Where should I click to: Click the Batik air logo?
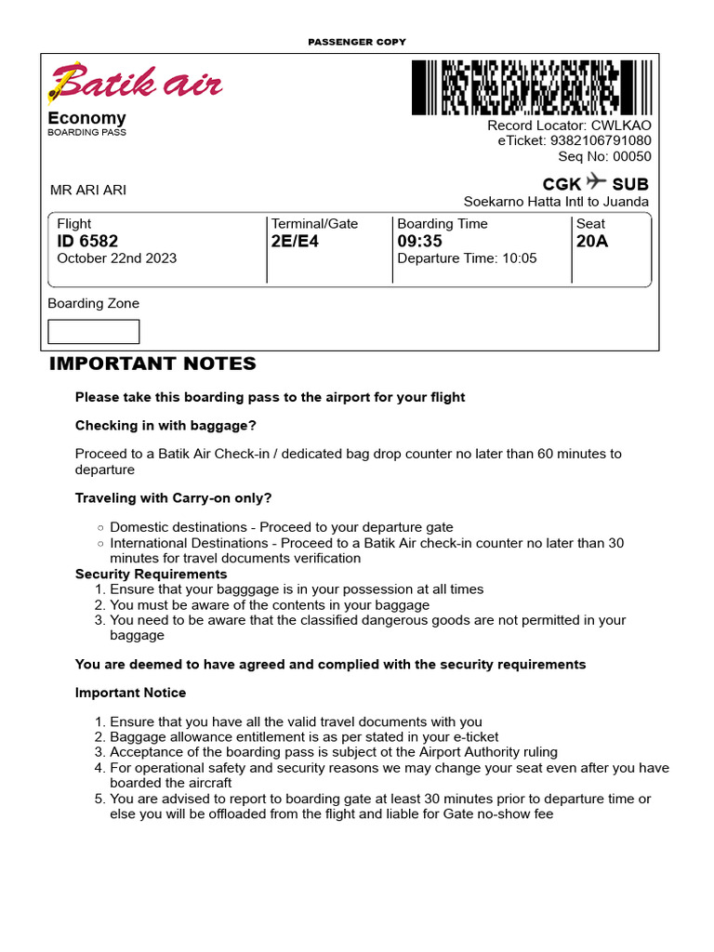point(136,84)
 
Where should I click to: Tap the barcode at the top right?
point(516,87)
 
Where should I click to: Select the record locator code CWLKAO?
point(622,126)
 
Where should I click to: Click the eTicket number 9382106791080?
point(601,141)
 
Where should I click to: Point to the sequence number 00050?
point(632,156)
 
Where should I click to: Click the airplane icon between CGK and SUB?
point(596,181)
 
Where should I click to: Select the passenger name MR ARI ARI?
point(88,191)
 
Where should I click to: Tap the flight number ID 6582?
point(87,242)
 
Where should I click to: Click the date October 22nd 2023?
point(116,258)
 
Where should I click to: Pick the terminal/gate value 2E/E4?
point(295,242)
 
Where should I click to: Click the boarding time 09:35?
point(419,242)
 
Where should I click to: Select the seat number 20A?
point(591,242)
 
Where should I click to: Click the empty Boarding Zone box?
point(93,332)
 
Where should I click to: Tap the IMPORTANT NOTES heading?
point(152,364)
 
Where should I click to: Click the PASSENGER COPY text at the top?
point(357,43)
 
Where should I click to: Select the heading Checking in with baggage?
point(165,426)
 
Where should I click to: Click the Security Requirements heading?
point(151,575)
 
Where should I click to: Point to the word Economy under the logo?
point(86,118)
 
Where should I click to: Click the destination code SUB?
point(630,184)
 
